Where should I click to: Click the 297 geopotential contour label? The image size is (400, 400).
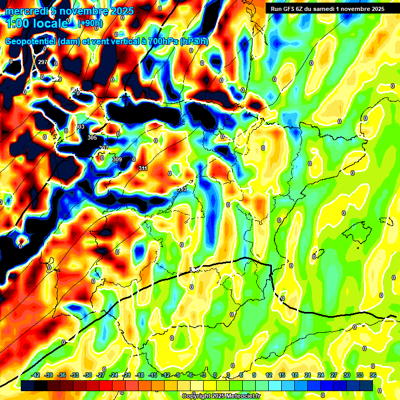43,62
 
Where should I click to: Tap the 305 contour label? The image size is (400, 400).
92,137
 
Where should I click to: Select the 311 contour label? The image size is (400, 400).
143,168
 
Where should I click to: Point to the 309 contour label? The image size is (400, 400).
117,159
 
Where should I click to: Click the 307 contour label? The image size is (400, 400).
104,148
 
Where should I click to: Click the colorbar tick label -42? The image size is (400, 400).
35,375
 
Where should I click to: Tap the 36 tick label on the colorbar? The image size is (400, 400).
373,375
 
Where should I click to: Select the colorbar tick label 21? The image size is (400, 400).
308,375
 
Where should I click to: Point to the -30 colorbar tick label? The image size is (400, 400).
87,375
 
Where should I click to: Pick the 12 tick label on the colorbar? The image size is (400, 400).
269,375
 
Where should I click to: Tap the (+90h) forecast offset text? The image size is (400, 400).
90,23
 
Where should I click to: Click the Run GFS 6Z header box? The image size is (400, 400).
325,8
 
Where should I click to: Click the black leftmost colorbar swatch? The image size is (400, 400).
28,385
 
